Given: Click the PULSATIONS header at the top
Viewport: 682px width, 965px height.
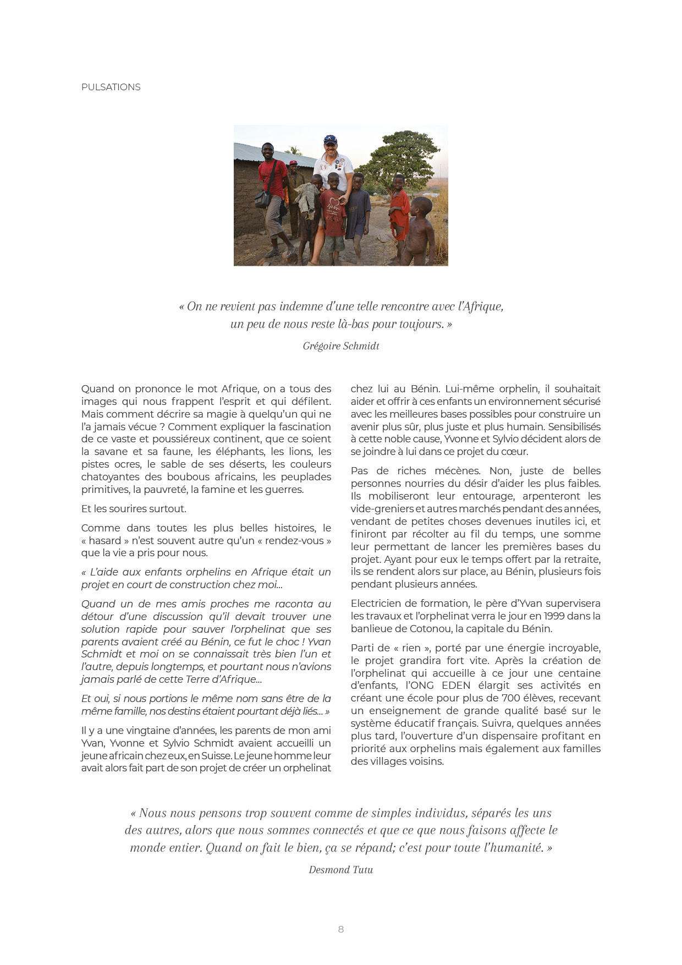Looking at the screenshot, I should (x=111, y=87).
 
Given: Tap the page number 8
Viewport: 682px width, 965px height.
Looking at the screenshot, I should (x=341, y=929).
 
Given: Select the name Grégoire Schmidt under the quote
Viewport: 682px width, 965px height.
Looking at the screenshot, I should (x=341, y=346).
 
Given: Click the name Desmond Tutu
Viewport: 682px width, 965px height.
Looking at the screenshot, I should (x=341, y=870).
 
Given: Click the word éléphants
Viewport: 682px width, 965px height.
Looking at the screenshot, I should (x=239, y=452).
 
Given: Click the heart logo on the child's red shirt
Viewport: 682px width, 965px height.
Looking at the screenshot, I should (x=333, y=202).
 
